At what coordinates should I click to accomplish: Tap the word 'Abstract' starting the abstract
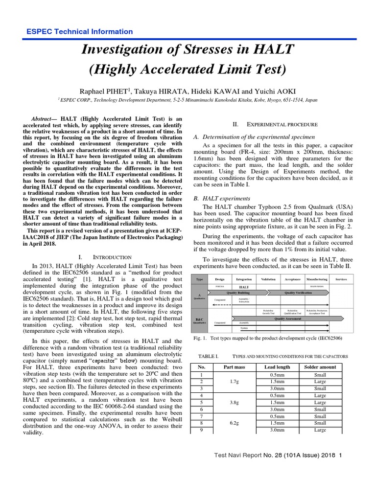(43, 119)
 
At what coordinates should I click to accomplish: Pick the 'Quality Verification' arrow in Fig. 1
(298, 292)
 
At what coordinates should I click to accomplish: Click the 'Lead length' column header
(277, 367)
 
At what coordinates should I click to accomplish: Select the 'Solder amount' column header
(320, 367)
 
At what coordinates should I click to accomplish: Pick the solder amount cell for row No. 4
(320, 395)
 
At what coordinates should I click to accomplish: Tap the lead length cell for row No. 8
(277, 423)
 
